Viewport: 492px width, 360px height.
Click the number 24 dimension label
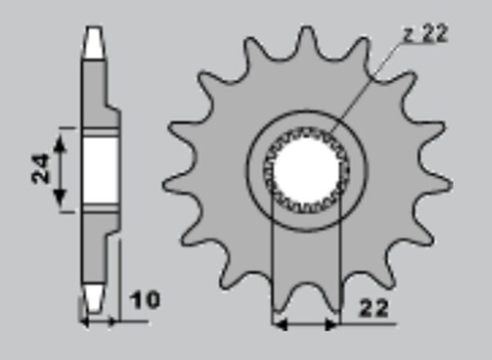(40, 168)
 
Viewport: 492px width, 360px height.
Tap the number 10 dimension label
(145, 300)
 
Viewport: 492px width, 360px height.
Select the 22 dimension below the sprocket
(374, 308)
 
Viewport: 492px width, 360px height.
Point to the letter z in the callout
(409, 34)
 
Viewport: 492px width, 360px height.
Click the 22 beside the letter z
(434, 34)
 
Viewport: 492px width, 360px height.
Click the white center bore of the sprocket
(307, 171)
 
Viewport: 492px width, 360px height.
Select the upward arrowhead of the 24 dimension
(60, 145)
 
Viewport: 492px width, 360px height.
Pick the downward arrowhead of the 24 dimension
(60, 197)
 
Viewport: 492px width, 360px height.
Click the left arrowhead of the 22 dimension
(280, 324)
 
